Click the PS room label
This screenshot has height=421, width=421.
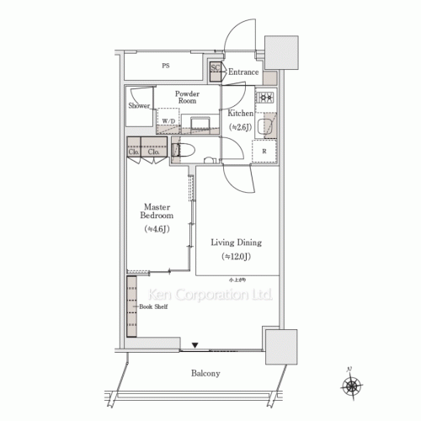tap(165, 64)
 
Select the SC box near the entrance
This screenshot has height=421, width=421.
tap(215, 69)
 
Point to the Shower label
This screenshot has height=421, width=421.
tap(140, 106)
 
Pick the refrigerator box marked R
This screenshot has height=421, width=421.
tap(265, 152)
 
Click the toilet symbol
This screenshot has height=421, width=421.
tap(184, 151)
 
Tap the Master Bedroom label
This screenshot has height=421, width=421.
tap(157, 210)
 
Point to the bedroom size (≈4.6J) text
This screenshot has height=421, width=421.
tap(157, 228)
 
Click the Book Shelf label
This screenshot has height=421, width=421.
tap(155, 308)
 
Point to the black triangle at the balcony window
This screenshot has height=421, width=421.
tap(195, 344)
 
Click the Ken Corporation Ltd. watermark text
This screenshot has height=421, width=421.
tap(211, 296)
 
